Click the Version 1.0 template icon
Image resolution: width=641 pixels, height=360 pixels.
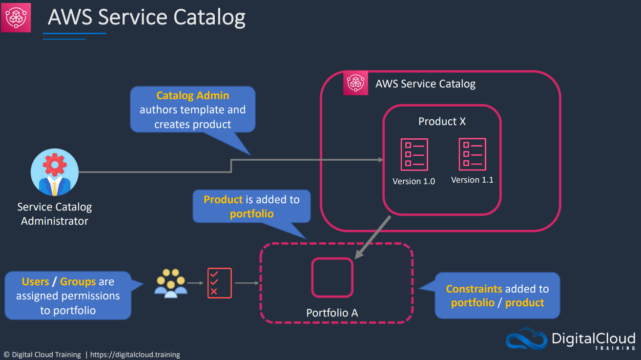414,155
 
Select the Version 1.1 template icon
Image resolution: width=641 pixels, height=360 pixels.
472,154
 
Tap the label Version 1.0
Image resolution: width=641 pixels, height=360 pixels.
414,181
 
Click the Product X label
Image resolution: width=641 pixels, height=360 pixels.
442,122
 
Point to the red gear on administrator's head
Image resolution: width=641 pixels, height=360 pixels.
55,165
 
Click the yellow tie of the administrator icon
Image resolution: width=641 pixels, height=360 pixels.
55,188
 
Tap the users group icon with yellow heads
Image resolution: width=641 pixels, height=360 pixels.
171,283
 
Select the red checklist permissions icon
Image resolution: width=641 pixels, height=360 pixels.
220,283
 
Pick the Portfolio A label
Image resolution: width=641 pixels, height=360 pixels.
332,313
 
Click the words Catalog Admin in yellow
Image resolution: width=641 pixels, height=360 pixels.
192,96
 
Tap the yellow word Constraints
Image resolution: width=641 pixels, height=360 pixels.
474,289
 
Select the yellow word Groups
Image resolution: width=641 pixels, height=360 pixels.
78,282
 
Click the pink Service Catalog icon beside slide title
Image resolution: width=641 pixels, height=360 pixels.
16,18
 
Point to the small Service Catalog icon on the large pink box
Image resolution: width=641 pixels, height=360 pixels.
355,83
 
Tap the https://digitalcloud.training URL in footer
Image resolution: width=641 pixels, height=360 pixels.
135,355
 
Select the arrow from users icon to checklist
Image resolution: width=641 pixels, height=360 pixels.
195,283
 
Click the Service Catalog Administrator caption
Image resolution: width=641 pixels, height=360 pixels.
54,214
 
